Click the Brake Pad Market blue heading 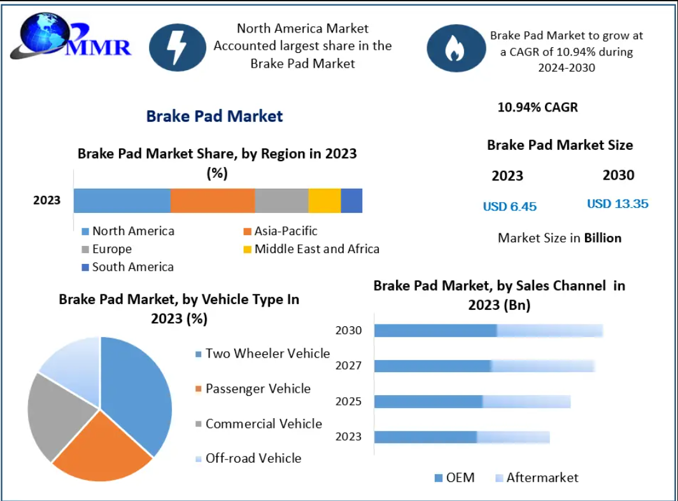[x=215, y=116]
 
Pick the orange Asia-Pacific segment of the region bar [x=213, y=200]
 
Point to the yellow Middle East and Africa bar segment [x=325, y=200]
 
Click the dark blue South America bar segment [x=351, y=200]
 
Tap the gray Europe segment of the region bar [x=281, y=200]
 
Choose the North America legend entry [x=127, y=231]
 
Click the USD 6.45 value [x=510, y=207]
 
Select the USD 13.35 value [x=618, y=204]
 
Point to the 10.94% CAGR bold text [x=538, y=107]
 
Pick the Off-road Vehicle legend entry [x=248, y=458]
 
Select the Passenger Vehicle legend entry [x=253, y=389]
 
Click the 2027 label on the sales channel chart [x=348, y=365]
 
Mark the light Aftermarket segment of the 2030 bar [x=549, y=330]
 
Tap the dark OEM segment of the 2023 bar [x=425, y=437]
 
